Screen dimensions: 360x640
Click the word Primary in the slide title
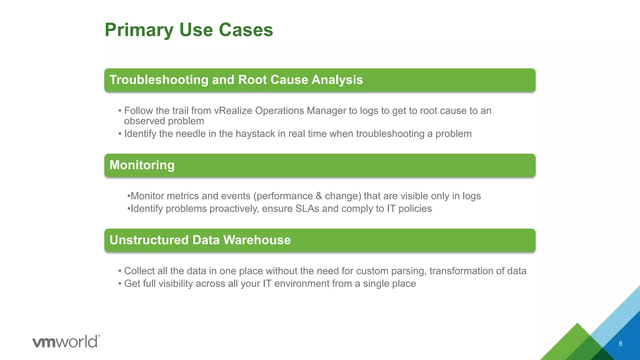(138, 30)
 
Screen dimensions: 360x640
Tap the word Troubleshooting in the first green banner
(159, 80)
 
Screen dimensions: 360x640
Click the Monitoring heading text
(142, 165)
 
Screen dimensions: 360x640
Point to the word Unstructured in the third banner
(149, 240)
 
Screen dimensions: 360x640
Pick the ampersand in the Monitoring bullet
(319, 196)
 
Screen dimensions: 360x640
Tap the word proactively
(234, 209)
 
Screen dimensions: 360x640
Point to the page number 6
(621, 344)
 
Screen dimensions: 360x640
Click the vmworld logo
(66, 342)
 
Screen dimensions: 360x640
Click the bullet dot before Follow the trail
(120, 111)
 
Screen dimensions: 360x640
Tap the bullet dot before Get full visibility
(120, 284)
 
